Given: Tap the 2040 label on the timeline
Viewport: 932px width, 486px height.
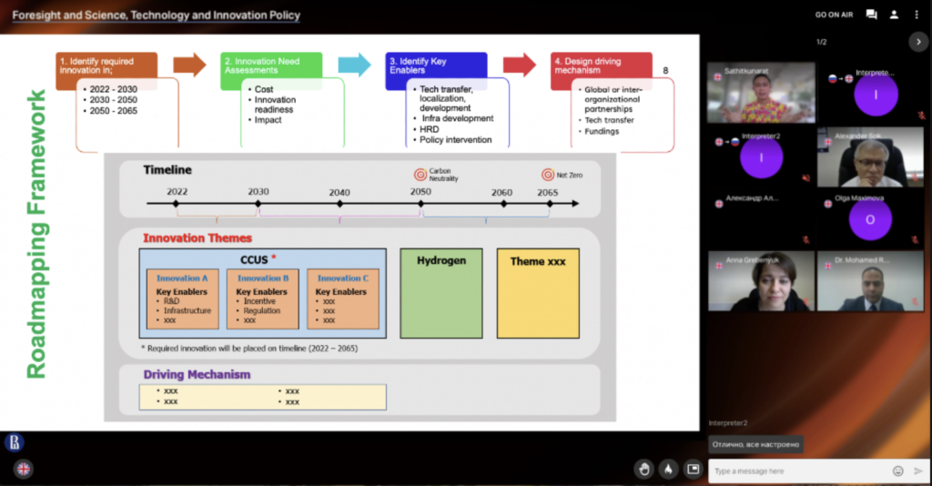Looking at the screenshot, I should click(x=339, y=193).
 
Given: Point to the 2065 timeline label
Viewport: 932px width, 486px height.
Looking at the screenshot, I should click(x=548, y=193).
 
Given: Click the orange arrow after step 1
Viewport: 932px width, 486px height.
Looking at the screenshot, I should click(x=189, y=65).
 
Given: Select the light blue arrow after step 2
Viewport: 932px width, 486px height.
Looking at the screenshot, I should click(x=355, y=65).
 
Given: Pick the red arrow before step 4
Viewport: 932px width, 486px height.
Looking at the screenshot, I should click(x=520, y=65).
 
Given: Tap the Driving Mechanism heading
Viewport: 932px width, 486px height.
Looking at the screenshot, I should click(x=197, y=374).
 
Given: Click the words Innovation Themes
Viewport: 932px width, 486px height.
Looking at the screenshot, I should click(x=198, y=238).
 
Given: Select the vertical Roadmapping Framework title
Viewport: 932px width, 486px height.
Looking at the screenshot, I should click(x=36, y=233).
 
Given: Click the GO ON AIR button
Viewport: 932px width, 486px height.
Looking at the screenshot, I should click(x=834, y=15).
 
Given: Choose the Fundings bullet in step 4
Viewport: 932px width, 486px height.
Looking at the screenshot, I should click(x=602, y=131).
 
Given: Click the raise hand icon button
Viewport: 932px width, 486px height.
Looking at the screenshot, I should click(x=644, y=470).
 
